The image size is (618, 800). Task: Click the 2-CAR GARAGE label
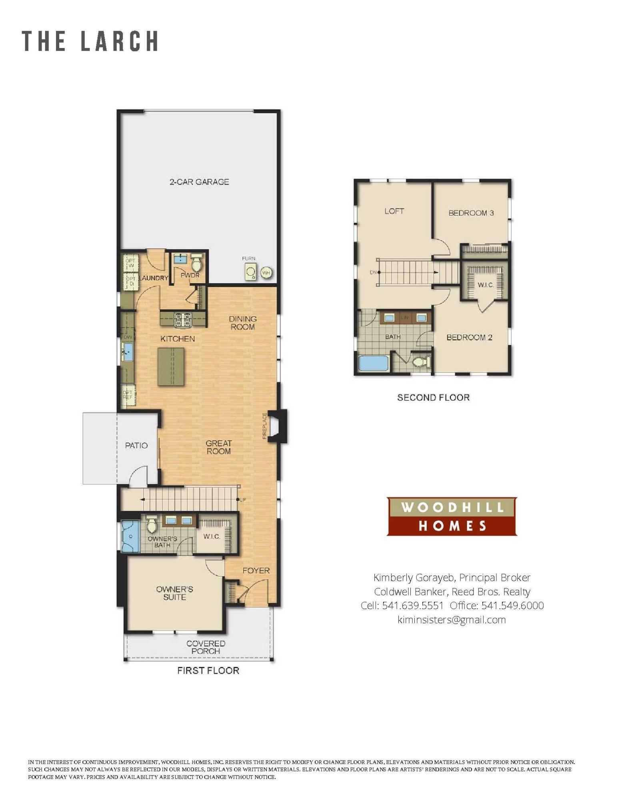tap(199, 182)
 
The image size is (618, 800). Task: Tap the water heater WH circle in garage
tap(266, 273)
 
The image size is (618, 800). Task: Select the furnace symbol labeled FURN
tap(251, 272)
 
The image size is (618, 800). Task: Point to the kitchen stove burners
tap(183, 320)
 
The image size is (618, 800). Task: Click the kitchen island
tap(171, 366)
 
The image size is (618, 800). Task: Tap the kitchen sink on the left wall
tap(128, 352)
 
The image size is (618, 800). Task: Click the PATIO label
tap(136, 445)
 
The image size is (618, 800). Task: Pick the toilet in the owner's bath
tap(152, 524)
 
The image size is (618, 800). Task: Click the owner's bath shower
tap(130, 536)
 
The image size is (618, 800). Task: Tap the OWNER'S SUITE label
tap(174, 593)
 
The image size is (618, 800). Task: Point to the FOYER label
tap(256, 570)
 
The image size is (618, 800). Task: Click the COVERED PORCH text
tap(206, 647)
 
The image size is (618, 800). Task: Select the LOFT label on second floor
tap(394, 211)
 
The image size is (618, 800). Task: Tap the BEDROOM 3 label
tap(471, 213)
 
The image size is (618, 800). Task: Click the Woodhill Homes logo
tap(452, 516)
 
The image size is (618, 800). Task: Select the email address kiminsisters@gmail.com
tap(452, 620)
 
